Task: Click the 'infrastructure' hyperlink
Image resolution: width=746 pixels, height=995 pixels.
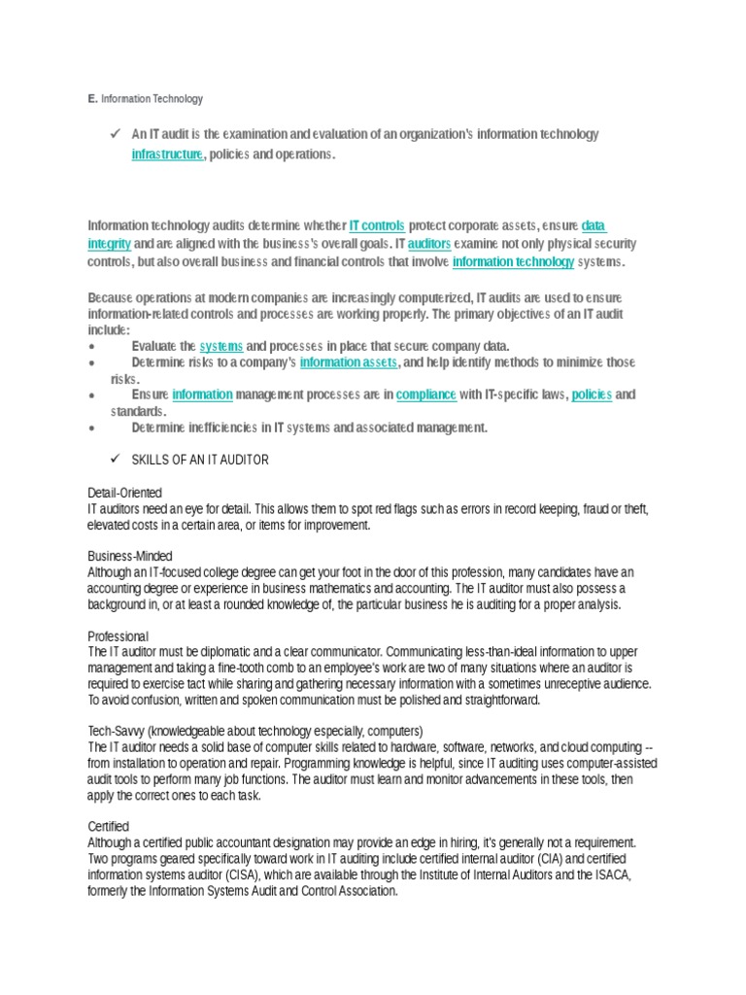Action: click(x=167, y=154)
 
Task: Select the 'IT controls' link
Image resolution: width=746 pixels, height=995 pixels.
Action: click(x=377, y=225)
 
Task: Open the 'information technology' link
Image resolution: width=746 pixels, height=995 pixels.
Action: click(x=513, y=262)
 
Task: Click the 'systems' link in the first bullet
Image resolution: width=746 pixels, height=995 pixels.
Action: click(x=220, y=346)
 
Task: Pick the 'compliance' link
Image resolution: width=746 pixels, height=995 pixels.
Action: click(x=426, y=395)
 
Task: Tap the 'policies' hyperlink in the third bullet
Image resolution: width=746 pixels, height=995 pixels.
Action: click(x=592, y=395)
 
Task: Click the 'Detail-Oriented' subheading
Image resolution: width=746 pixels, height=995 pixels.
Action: click(x=125, y=493)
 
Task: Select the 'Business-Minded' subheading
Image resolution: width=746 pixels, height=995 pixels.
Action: click(x=130, y=556)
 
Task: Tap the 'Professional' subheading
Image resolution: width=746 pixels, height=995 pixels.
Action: click(x=119, y=635)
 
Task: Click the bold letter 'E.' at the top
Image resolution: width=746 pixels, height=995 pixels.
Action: click(x=91, y=99)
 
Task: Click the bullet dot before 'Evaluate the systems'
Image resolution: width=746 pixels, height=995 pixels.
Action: click(x=91, y=347)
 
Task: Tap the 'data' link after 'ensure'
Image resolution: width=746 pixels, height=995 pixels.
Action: click(x=593, y=225)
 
